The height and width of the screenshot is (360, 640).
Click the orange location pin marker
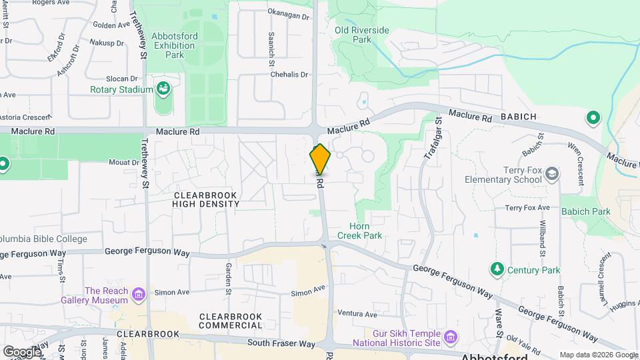tap(320, 160)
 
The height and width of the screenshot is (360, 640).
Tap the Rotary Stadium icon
tap(163, 88)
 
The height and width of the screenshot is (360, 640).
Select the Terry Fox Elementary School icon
tap(552, 175)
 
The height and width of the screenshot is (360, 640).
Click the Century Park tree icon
tap(497, 269)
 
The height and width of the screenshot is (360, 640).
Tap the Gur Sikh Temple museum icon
tap(451, 337)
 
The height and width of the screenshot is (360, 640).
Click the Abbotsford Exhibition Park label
tap(173, 46)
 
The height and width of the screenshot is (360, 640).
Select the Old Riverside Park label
tap(361, 35)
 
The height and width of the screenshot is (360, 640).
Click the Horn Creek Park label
tap(359, 231)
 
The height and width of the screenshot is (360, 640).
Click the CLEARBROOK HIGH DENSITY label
tap(205, 199)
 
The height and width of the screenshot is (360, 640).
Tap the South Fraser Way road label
tap(280, 344)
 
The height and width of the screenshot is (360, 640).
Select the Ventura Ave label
tap(357, 314)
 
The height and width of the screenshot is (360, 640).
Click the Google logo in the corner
tap(21, 351)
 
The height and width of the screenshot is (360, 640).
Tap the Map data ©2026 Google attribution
tap(598, 355)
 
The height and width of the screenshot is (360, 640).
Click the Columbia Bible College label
tap(43, 239)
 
